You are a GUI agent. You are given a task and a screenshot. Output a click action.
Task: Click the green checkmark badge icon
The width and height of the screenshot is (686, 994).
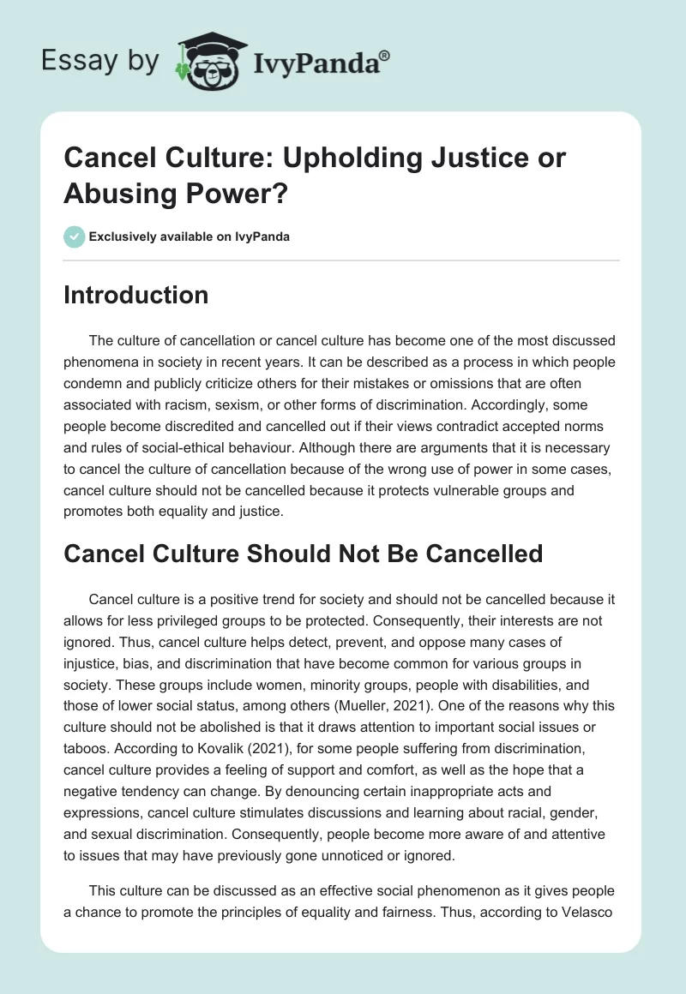tap(75, 237)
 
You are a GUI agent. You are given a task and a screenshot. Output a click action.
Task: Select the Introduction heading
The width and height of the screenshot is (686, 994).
tap(136, 295)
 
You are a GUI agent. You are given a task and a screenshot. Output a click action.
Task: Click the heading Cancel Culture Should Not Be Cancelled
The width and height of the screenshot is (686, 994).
tap(304, 553)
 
